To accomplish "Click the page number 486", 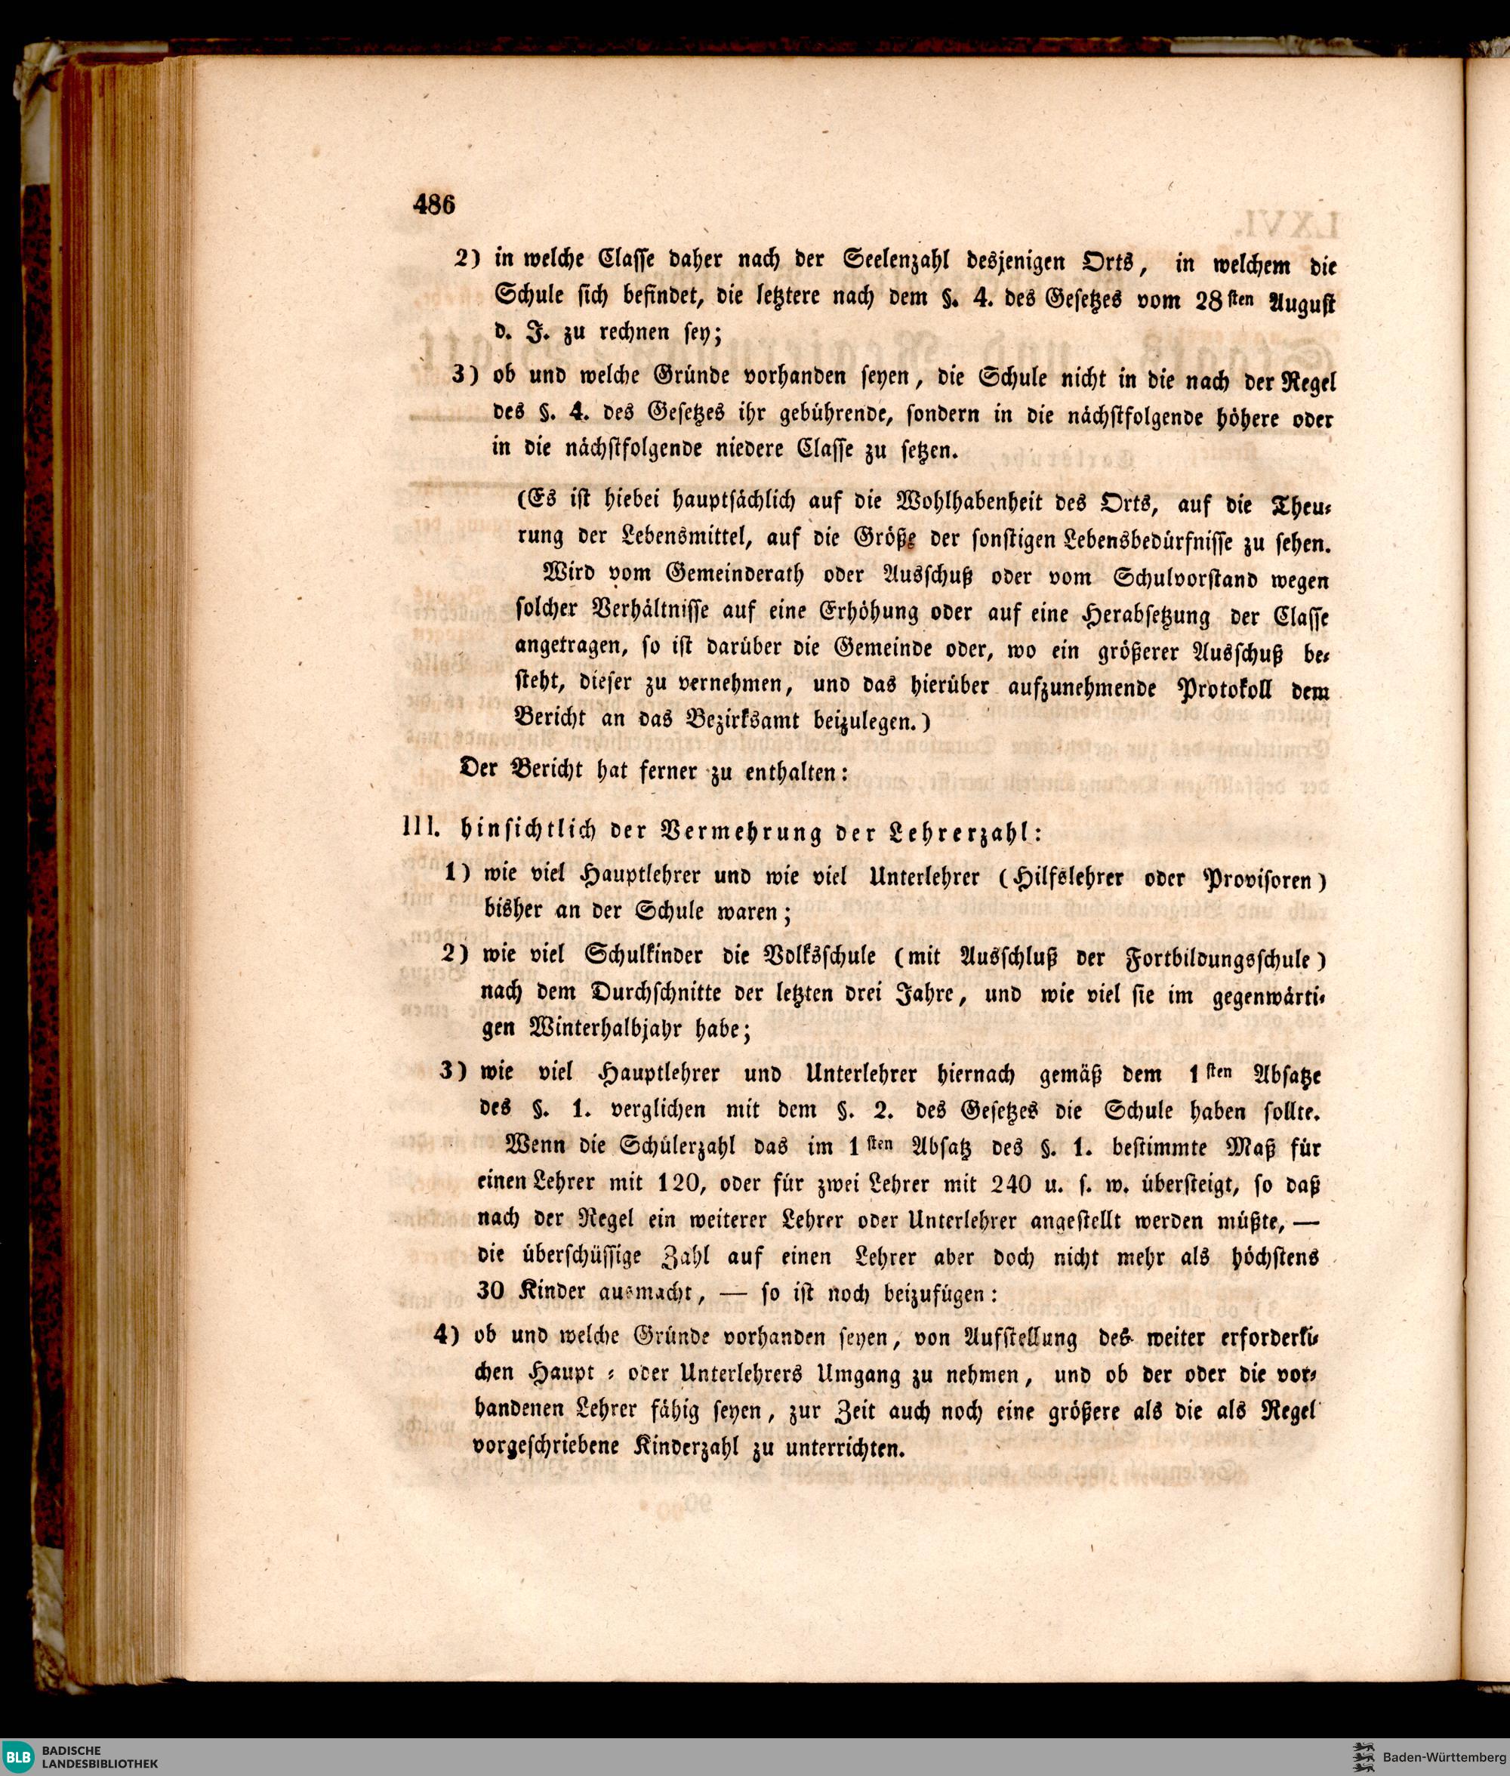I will [434, 205].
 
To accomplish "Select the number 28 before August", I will [1209, 301].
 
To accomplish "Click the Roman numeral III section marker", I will [421, 828].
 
